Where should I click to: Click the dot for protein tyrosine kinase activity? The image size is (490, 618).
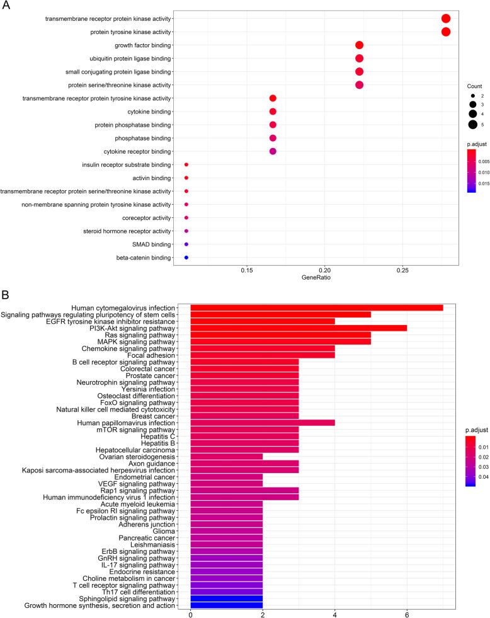[446, 32]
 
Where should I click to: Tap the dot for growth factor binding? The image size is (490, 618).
[360, 45]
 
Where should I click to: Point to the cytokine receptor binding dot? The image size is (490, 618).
[273, 151]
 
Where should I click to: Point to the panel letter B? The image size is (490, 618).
[6, 295]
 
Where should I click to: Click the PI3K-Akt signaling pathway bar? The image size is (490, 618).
[299, 328]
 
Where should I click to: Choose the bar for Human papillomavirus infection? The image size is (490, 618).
[262, 423]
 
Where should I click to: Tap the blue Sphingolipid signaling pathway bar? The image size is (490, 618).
[226, 598]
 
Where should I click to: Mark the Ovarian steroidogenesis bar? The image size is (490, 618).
[226, 457]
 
